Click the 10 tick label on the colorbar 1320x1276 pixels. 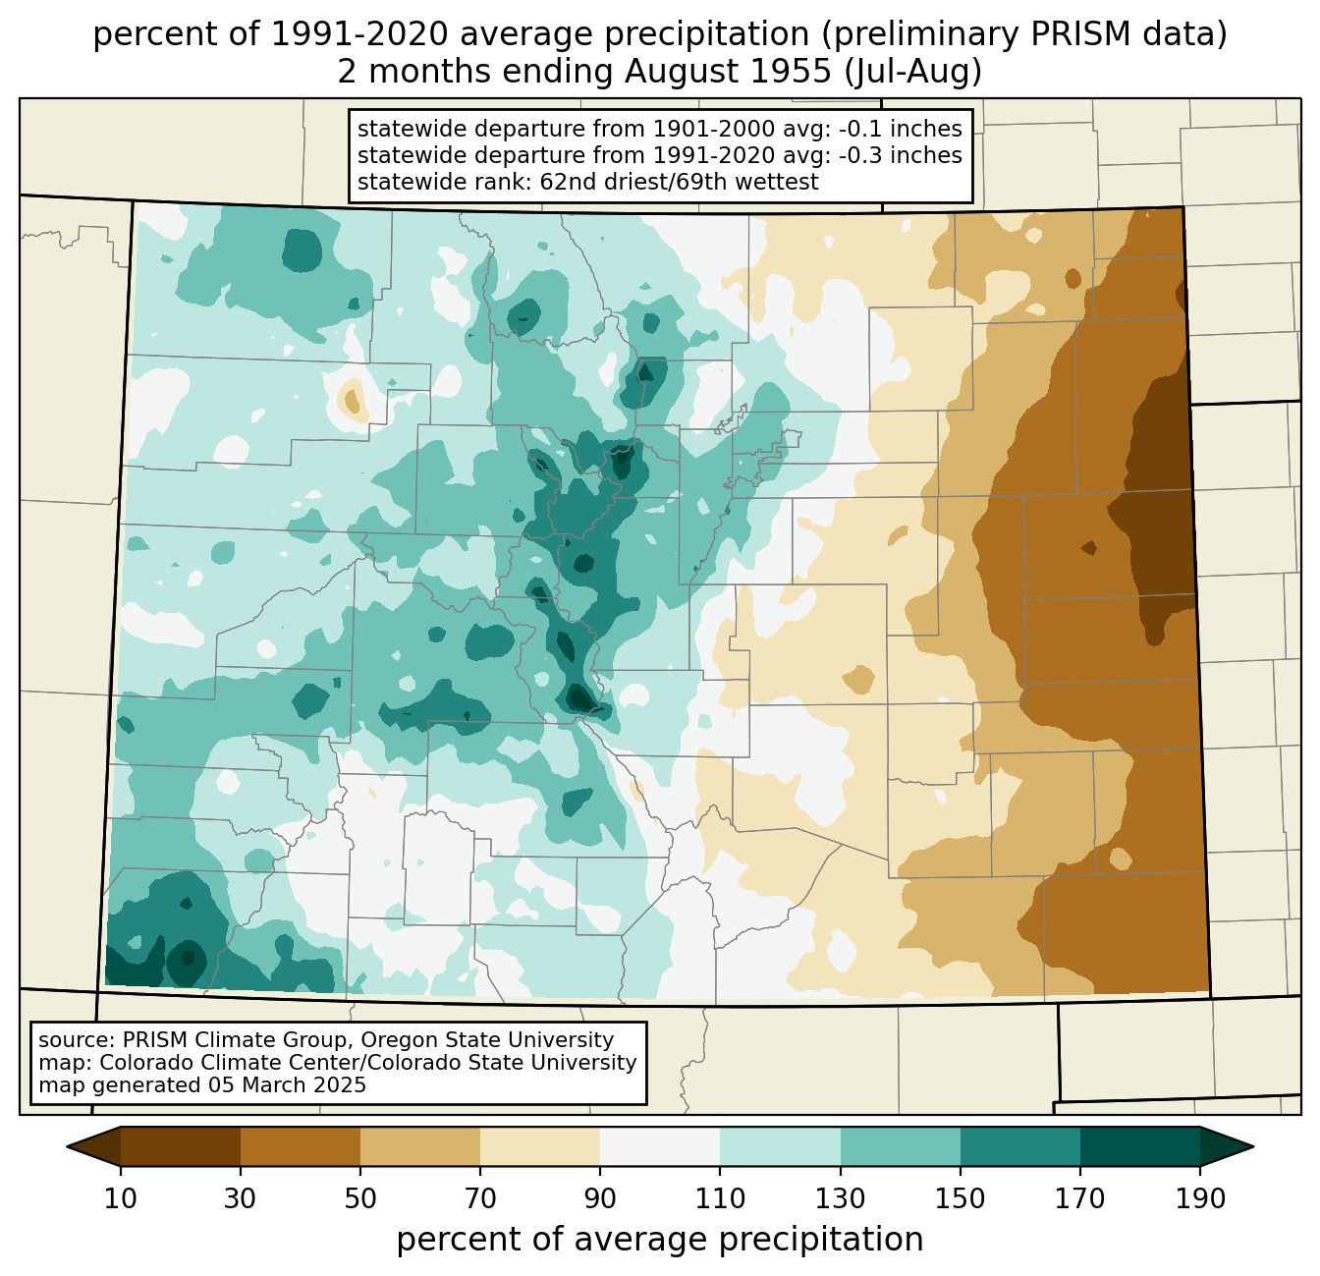[121, 1198]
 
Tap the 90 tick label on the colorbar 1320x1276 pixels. [600, 1198]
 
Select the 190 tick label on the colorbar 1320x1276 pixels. [1199, 1198]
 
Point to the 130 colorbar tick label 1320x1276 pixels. [840, 1198]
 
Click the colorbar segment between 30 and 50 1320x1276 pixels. [301, 1146]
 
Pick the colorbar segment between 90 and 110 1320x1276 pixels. [660, 1146]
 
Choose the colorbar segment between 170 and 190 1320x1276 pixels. [1139, 1146]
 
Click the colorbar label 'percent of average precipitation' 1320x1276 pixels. [660, 1240]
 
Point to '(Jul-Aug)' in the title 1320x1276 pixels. [918, 72]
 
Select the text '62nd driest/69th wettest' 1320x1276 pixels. [679, 182]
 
